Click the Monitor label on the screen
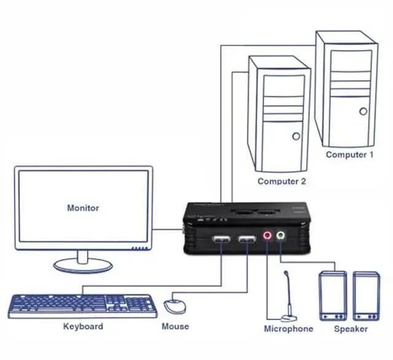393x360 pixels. (x=83, y=208)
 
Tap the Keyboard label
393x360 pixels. (x=83, y=326)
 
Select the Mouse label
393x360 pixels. (x=175, y=326)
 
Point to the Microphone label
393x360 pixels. (x=289, y=329)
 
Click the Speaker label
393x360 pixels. (x=351, y=329)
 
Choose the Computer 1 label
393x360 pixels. (x=349, y=155)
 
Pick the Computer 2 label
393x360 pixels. (x=281, y=181)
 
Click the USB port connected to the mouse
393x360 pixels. (x=247, y=239)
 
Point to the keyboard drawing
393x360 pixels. (x=82, y=305)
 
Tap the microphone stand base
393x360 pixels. (x=288, y=318)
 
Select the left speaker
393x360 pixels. (x=332, y=296)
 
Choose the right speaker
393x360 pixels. (x=366, y=296)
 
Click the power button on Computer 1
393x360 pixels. (x=363, y=112)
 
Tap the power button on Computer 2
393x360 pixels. (x=296, y=136)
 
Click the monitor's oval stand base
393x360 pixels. (x=84, y=265)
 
